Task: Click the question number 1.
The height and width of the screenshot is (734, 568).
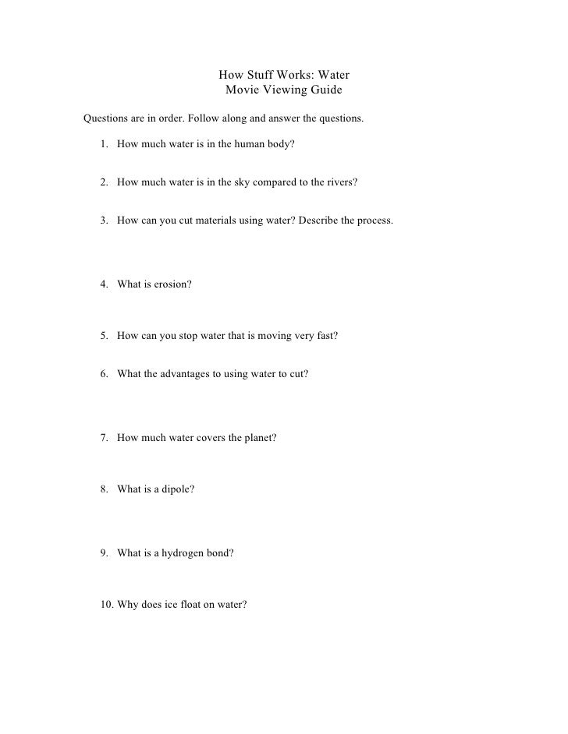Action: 104,145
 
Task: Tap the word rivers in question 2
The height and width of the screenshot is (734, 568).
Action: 341,182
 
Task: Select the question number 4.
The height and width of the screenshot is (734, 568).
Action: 104,284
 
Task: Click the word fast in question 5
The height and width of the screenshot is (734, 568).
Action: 326,336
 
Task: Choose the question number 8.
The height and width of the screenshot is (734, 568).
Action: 104,489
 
